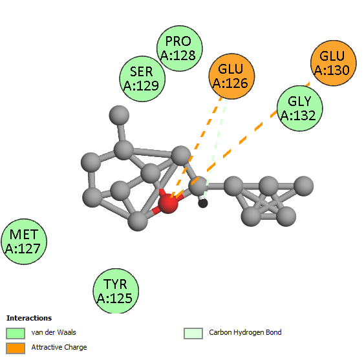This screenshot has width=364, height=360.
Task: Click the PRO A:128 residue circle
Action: click(180, 48)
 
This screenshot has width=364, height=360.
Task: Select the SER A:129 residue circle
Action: click(142, 79)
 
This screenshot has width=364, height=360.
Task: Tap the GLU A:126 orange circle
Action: click(231, 76)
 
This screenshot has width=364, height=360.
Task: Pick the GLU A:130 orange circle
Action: click(334, 63)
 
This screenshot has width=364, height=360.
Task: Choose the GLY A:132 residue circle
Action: click(300, 109)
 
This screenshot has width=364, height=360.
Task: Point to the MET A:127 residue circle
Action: click(24, 241)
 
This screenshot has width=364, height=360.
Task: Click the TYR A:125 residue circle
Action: click(116, 291)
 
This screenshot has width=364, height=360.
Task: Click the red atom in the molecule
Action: click(168, 204)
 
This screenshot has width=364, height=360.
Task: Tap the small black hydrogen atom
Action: click(203, 204)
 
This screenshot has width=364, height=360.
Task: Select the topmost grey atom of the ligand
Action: click(119, 115)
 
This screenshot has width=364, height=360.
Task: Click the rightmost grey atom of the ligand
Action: click(303, 186)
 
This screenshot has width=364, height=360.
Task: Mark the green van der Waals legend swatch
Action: click(16, 334)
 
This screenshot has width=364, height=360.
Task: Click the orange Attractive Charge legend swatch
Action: click(16, 348)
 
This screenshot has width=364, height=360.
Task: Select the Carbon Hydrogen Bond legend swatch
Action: click(193, 334)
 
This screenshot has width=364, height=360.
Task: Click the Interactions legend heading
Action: click(29, 318)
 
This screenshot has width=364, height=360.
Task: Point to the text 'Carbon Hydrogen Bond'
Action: click(245, 332)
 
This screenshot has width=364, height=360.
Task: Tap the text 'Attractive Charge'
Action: click(59, 347)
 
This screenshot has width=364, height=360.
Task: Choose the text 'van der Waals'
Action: click(54, 332)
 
